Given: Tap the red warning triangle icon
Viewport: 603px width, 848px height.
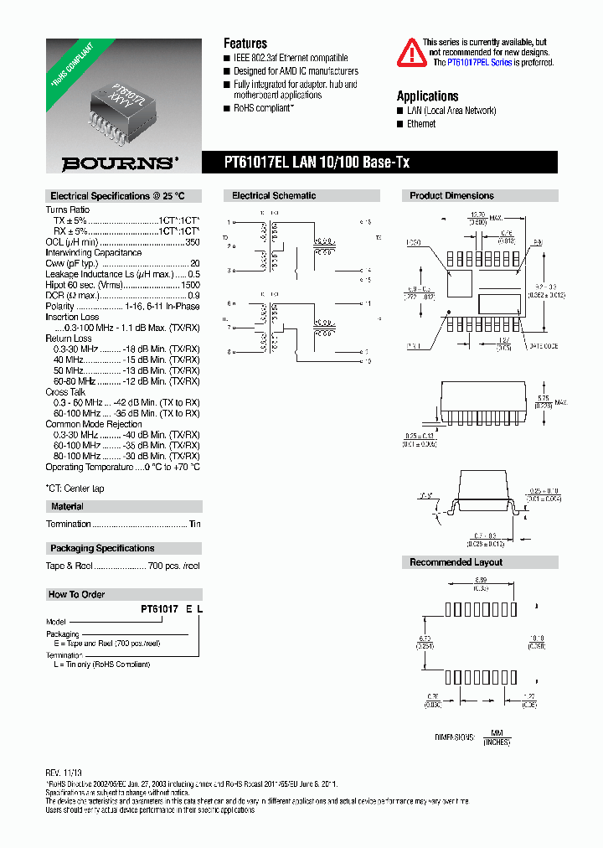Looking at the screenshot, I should pos(410,52).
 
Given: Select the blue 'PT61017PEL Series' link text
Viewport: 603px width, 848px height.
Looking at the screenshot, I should pos(479,62).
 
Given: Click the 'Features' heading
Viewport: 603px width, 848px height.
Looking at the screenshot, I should pos(245,44).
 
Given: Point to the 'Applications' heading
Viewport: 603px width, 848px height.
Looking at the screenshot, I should pos(427,96).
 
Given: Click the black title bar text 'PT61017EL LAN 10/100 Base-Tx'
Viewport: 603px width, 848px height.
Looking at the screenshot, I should pos(316,163).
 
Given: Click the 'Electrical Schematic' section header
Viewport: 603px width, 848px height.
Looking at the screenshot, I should pos(274,196).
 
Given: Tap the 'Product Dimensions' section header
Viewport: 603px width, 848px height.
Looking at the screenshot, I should pos(451,196).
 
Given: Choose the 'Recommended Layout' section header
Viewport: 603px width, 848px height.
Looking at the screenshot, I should pos(456,562).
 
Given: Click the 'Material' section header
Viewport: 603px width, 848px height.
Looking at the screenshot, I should pos(67,507).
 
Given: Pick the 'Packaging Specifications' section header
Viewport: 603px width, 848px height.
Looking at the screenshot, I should pos(102,549).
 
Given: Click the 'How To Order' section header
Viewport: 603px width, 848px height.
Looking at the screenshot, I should pos(76,595).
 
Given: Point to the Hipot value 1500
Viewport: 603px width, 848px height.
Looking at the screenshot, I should pos(190,285).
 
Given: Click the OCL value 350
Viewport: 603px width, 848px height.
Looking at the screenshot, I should pos(193,241).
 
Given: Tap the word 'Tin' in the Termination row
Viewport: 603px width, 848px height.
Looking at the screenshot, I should pos(195,525).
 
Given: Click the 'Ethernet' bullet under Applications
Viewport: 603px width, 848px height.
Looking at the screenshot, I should pos(421,124).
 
